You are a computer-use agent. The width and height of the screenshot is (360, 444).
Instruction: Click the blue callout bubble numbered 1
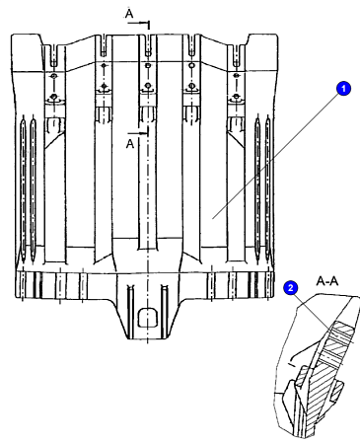coord(343,89)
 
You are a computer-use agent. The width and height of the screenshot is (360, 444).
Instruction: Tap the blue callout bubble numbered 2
coord(291,288)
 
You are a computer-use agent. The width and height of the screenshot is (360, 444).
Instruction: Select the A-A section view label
coord(327,281)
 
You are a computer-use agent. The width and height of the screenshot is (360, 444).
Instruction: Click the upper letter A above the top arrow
coord(129,14)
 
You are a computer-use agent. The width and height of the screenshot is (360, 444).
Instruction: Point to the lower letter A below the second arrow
coord(130,144)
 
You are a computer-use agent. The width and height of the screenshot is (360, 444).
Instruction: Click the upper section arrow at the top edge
coord(139,24)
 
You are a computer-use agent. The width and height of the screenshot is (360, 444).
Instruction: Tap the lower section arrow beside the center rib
coord(138,132)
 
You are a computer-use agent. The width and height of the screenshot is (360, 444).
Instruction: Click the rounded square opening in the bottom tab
coord(147,318)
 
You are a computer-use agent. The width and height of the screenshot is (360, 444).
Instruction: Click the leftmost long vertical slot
coord(23,188)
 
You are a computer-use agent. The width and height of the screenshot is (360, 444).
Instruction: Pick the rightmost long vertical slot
coord(268,187)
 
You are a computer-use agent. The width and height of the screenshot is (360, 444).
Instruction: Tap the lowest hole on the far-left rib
coord(53,98)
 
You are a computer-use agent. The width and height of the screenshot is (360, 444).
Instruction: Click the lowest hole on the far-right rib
coord(236,97)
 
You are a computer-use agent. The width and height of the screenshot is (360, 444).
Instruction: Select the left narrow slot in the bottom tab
coord(131,311)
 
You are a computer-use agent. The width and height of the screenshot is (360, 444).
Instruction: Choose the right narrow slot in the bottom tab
coord(164,311)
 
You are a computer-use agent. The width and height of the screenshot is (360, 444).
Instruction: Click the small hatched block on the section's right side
coord(336,390)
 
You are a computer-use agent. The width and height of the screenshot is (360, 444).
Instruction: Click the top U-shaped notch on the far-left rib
coord(53,55)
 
